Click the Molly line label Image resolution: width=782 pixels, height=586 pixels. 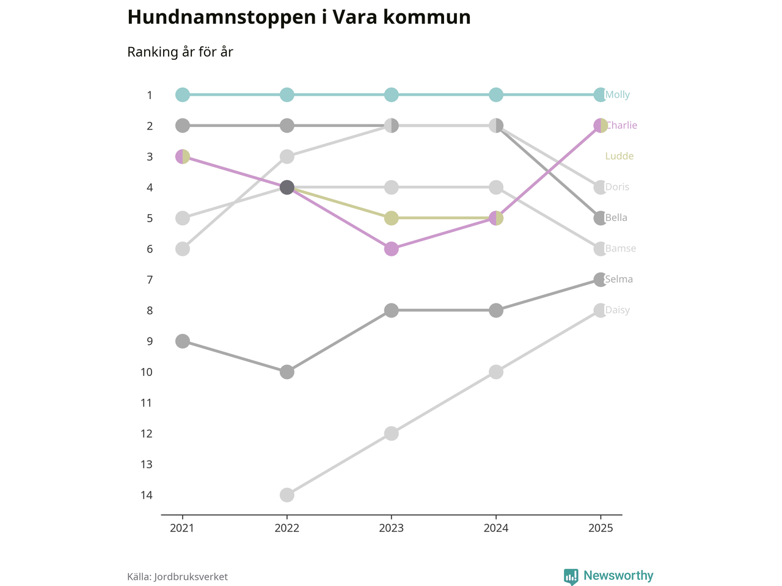coord(617,95)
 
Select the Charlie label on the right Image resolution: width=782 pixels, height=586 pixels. coord(621,125)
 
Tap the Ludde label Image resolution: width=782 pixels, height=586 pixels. coord(619,156)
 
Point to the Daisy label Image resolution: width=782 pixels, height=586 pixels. coord(617,310)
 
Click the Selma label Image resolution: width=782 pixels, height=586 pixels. coord(619,279)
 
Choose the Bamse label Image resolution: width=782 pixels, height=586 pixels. coord(620,248)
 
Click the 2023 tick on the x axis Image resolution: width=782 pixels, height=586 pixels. coord(391,528)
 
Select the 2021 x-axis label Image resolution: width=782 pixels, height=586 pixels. coord(182,528)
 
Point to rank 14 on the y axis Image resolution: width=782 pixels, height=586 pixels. coord(147,495)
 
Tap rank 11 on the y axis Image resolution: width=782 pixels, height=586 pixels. coord(147,403)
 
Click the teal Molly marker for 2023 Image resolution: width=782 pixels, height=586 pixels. coord(392,95)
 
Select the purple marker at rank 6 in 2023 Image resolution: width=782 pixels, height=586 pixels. coord(392,248)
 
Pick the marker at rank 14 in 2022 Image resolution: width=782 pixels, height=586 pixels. coord(287,494)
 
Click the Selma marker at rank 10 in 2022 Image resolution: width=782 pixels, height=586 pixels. coord(287,372)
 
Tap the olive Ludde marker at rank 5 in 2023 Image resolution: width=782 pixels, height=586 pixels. coord(392,218)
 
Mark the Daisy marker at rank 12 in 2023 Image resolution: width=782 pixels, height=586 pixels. coord(392,433)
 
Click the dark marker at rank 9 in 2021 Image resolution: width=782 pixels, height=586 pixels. coord(182,341)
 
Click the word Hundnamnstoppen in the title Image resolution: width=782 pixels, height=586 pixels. coord(222,17)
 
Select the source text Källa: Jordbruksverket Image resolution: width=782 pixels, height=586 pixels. coord(177,577)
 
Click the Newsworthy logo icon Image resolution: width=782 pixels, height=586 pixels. coord(571,576)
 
